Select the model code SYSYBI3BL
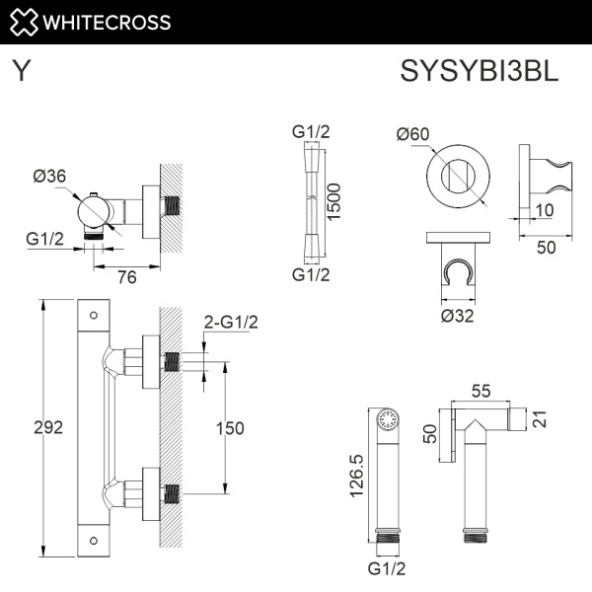[x=480, y=71]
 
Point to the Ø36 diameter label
[x=49, y=177]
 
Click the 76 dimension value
[x=126, y=278]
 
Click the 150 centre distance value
[x=229, y=427]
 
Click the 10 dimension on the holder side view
[x=545, y=209]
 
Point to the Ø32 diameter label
[x=458, y=316]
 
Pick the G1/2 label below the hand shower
[x=388, y=569]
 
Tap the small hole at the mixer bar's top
[x=94, y=316]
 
